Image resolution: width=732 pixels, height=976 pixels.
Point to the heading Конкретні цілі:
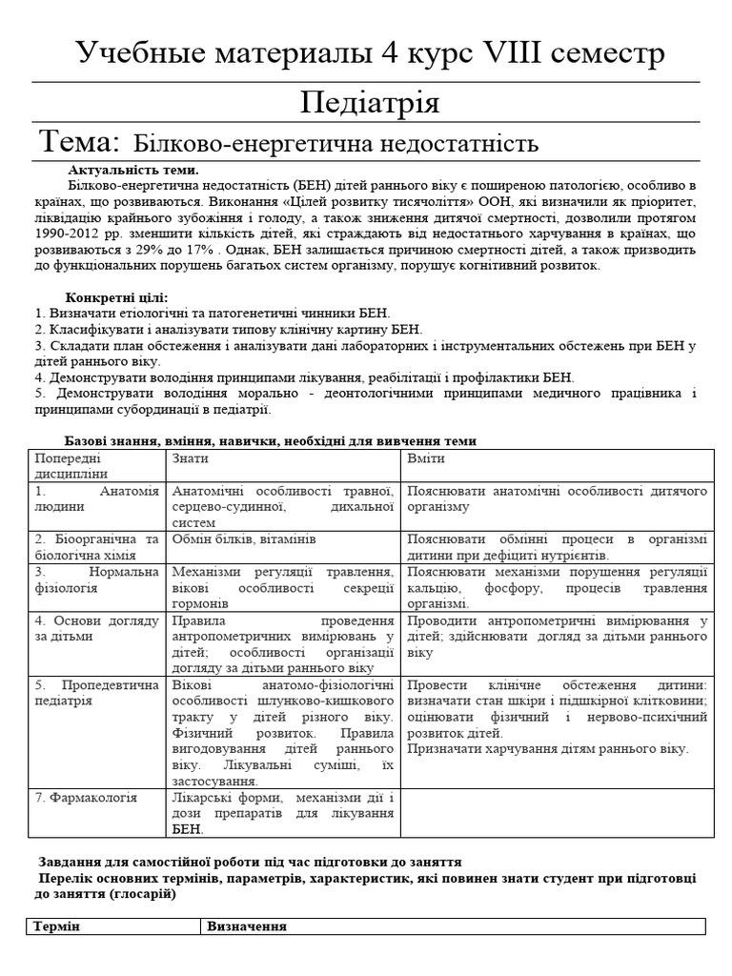pyautogui.click(x=116, y=297)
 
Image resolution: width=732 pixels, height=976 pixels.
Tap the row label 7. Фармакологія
pyautogui.click(x=86, y=798)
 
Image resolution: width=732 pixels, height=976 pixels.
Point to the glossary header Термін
pyautogui.click(x=57, y=927)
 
